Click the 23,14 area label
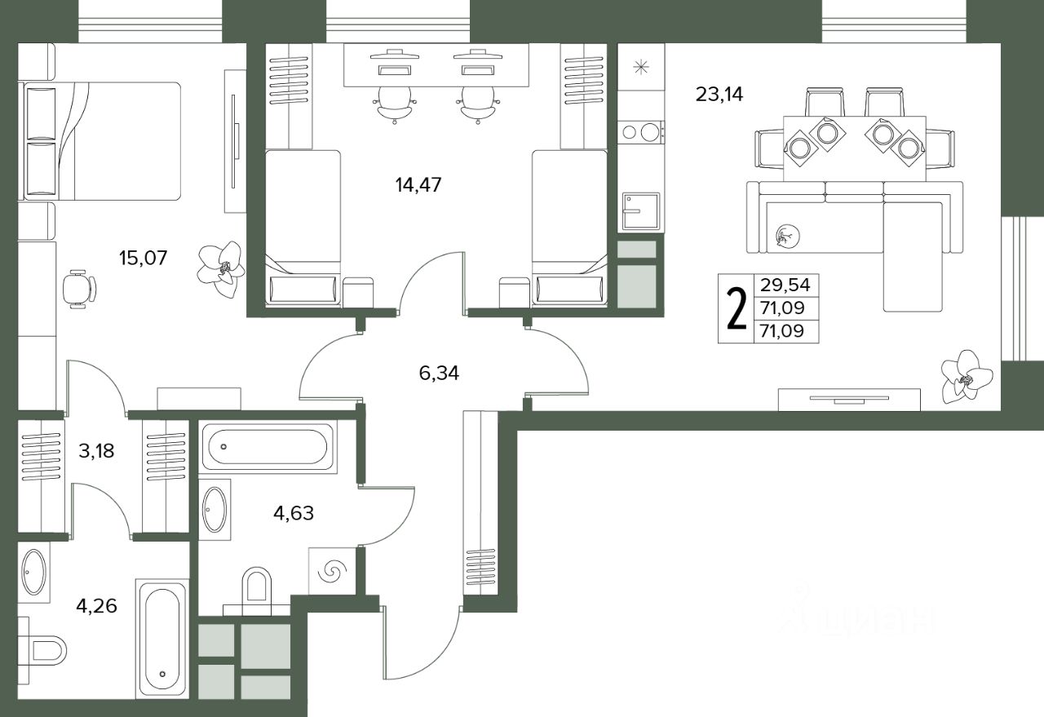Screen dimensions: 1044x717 (x=719, y=95)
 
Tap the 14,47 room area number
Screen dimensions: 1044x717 (x=418, y=185)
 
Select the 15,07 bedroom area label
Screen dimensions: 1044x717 (x=143, y=258)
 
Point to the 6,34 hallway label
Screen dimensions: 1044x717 (x=439, y=373)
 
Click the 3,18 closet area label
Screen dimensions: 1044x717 (x=96, y=451)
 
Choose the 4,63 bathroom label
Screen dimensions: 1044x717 (x=294, y=513)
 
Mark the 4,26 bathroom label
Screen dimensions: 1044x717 (x=96, y=606)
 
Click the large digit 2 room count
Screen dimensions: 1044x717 (x=737, y=308)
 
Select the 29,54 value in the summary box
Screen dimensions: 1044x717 (x=785, y=285)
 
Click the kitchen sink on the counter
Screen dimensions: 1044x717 (x=641, y=211)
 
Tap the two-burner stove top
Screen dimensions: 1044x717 (x=640, y=132)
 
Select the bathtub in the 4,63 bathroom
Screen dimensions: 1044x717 (x=268, y=447)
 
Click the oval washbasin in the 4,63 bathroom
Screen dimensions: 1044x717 (x=215, y=510)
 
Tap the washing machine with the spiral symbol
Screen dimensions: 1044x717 (x=332, y=571)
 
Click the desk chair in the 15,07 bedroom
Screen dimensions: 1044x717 (x=79, y=289)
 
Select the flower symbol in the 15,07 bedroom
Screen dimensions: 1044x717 (x=221, y=269)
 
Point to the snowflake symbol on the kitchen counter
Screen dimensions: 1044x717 (x=641, y=68)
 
